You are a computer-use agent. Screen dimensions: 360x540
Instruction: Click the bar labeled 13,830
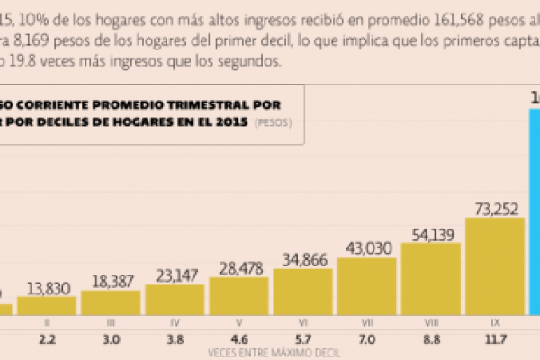46,304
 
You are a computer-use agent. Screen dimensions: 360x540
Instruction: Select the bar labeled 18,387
110,301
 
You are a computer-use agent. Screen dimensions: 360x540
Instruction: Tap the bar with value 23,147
174,299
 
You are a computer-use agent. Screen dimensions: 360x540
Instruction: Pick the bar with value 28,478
238,295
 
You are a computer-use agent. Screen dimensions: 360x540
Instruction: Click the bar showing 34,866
302,292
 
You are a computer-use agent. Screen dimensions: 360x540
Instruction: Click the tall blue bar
534,207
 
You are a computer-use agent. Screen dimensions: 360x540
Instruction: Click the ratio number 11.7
495,340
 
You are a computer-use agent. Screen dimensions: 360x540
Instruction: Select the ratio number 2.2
47,340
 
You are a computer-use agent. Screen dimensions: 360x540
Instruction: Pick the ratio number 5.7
303,340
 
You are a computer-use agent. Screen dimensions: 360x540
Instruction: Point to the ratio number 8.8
431,340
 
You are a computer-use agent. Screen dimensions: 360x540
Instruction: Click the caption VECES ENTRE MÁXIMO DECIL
269,354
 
